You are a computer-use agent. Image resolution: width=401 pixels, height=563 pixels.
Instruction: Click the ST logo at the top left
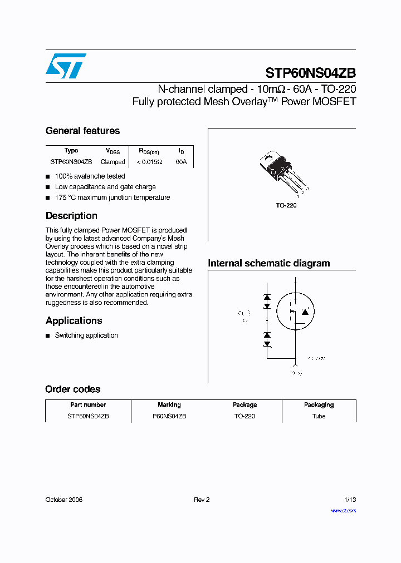coord(66,66)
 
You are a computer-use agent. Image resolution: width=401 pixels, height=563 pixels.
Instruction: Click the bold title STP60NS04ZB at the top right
coord(310,73)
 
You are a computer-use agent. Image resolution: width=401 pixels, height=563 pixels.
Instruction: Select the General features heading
coord(82,131)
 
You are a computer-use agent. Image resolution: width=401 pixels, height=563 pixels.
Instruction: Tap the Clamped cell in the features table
coord(113,162)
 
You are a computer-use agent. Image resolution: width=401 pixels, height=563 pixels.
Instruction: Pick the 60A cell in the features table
coord(181,162)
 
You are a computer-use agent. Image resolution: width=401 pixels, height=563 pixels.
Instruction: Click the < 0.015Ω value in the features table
coord(149,162)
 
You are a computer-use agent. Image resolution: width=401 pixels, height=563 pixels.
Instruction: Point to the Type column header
coord(71,151)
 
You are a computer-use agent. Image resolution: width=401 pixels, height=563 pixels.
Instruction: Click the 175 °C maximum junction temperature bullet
coord(112,197)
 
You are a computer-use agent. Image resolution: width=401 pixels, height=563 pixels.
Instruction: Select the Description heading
coord(71,216)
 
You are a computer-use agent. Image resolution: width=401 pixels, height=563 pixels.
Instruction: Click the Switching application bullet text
coord(86,335)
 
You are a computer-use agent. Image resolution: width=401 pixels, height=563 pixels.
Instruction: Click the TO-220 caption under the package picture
coord(286,205)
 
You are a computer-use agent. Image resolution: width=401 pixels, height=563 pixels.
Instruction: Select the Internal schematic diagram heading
coord(268,263)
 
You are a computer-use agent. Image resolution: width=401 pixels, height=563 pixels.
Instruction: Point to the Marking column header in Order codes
coord(169,405)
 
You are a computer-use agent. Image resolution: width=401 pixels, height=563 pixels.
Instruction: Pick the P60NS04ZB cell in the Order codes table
coord(169,416)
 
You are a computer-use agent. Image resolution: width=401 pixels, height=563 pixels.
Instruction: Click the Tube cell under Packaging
coord(319,416)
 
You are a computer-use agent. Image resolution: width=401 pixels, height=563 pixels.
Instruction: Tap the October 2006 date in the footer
coord(63,500)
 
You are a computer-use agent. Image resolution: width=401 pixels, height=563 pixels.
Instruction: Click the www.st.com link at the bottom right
coord(343,510)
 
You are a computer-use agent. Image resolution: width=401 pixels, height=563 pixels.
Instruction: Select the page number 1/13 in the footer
coord(350,500)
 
